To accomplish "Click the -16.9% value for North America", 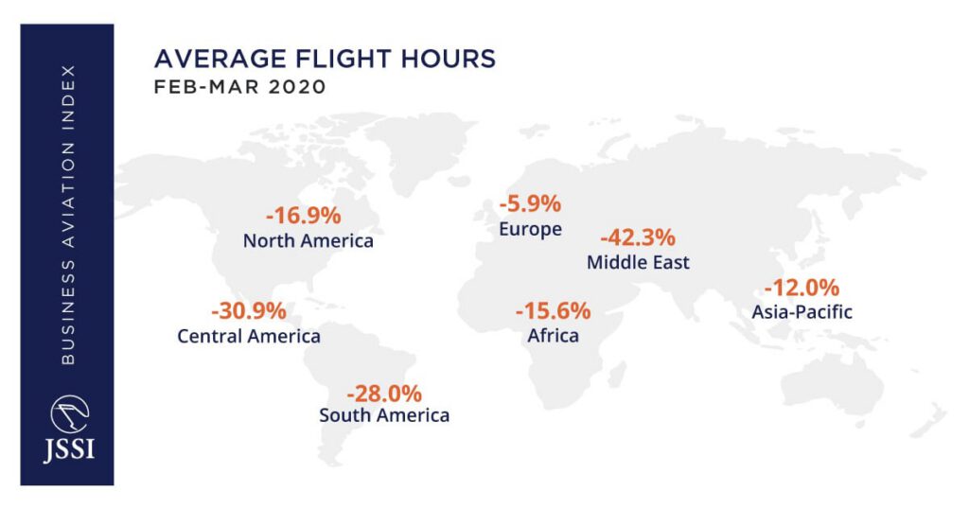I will pyautogui.click(x=303, y=214).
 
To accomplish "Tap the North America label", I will pyautogui.click(x=308, y=240).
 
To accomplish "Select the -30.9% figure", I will pyautogui.click(x=248, y=310).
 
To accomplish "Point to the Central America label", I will pyautogui.click(x=249, y=336).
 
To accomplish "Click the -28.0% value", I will pyautogui.click(x=384, y=393).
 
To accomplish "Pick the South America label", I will pyautogui.click(x=384, y=415).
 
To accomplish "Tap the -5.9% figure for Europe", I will pyautogui.click(x=530, y=203).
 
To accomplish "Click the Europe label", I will pyautogui.click(x=530, y=229).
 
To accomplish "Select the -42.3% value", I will pyautogui.click(x=638, y=237).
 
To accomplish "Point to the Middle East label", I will pyautogui.click(x=638, y=262).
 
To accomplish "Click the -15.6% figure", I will pyautogui.click(x=553, y=310).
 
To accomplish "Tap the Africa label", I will pyautogui.click(x=553, y=336).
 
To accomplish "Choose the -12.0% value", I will pyautogui.click(x=802, y=287).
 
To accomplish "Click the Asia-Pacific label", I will pyautogui.click(x=802, y=311).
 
